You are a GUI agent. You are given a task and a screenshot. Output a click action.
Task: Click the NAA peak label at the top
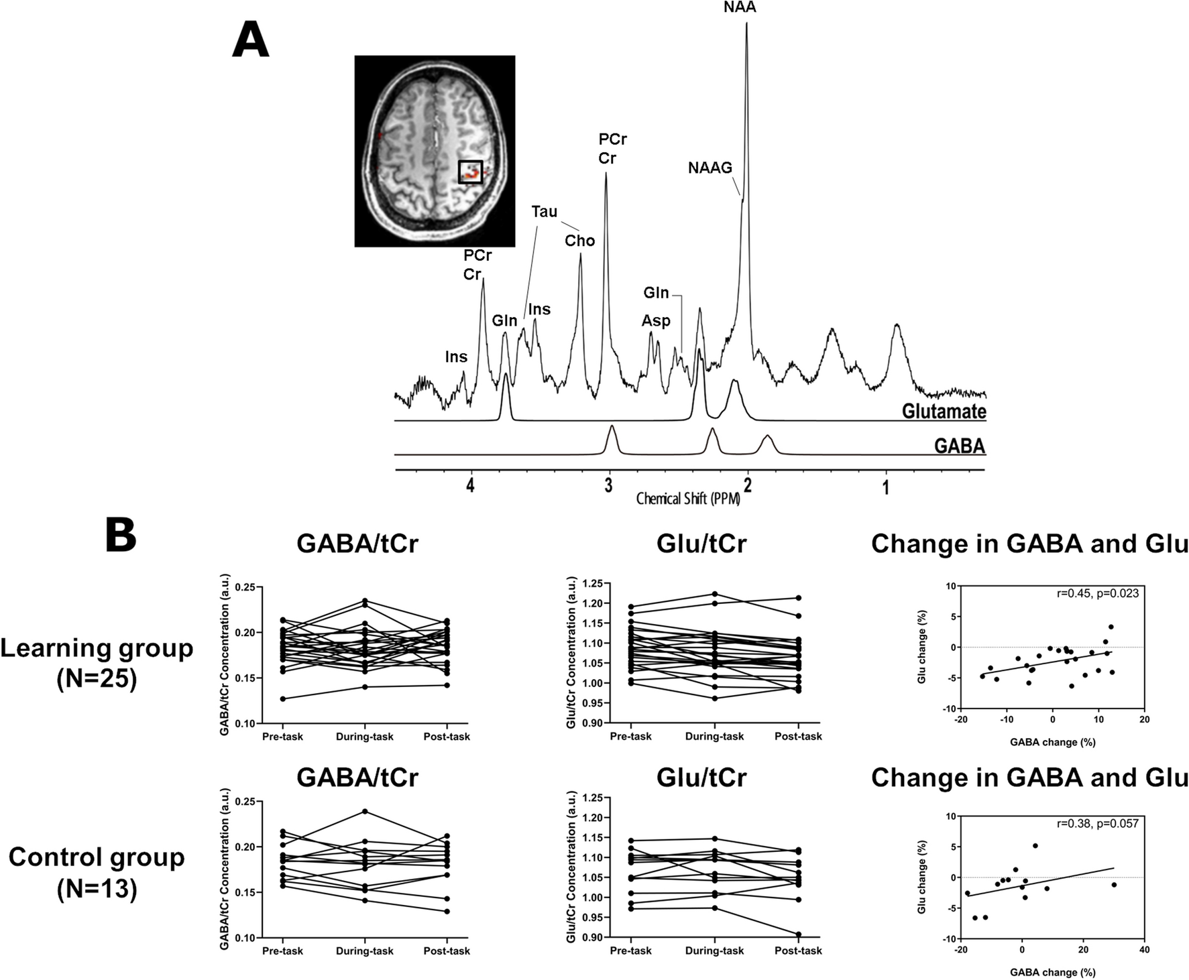[x=740, y=8]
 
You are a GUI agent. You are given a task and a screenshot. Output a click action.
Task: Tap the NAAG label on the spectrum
[x=710, y=168]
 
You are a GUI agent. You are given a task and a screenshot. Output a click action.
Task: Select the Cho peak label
[x=579, y=241]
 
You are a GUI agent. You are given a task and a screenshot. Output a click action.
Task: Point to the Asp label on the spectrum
[x=655, y=321]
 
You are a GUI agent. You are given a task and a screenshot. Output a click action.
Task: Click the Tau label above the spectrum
[x=544, y=212]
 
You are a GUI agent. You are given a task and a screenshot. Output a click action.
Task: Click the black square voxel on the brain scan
[x=470, y=172]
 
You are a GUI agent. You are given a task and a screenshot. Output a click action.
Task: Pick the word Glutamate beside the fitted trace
[x=944, y=411]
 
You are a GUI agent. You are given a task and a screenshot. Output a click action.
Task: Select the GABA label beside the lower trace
[x=959, y=446]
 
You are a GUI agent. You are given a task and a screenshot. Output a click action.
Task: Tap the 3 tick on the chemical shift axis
[x=608, y=487]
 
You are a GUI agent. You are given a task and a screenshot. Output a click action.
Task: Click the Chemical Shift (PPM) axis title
[x=688, y=499]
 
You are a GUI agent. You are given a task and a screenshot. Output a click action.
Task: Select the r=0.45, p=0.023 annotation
[x=1097, y=593]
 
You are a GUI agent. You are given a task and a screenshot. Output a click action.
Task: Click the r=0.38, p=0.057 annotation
[x=1097, y=823]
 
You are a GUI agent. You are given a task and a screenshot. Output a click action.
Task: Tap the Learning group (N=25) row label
[x=97, y=662]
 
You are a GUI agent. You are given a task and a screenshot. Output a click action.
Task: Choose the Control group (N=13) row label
[x=97, y=872]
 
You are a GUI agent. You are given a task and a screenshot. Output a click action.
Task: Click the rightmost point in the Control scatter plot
[x=1114, y=885]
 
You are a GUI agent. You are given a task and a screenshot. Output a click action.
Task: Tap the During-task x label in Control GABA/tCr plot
[x=364, y=951]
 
